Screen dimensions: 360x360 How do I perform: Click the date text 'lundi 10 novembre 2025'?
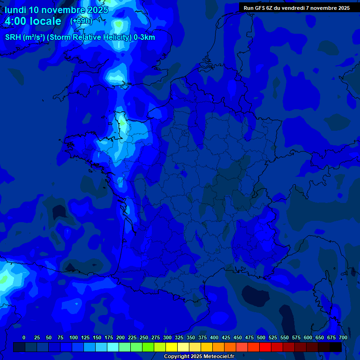56,10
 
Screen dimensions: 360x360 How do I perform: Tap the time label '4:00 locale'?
33,22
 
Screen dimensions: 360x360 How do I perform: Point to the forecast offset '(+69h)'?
81,21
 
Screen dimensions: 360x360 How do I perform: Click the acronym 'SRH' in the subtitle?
13,37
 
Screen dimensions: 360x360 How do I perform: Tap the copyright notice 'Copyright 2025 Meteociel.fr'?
199,357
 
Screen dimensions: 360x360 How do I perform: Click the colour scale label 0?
24,338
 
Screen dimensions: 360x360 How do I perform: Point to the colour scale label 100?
74,338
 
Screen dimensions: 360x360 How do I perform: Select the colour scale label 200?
120,338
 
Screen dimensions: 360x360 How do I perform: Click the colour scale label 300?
167,338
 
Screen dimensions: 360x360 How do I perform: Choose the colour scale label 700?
343,338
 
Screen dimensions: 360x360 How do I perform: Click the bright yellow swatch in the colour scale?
172,347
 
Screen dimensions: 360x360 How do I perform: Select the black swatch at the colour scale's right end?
336,347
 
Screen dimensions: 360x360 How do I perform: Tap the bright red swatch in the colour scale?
265,347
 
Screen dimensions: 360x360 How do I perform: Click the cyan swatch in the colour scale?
113,347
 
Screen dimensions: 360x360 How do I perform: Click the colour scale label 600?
308,338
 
